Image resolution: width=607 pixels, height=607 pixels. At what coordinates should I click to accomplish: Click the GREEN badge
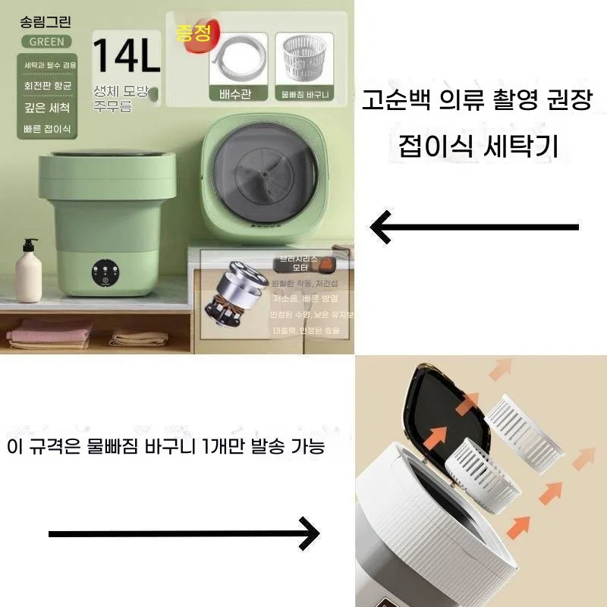(x=46, y=41)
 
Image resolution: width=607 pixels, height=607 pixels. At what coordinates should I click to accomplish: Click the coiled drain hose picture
(x=235, y=61)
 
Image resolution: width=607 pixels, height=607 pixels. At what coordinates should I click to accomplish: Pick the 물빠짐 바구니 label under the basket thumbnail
(x=303, y=95)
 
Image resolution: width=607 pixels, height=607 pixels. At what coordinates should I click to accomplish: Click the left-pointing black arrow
(x=474, y=226)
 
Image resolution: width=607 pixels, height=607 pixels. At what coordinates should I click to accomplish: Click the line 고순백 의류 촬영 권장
(x=476, y=100)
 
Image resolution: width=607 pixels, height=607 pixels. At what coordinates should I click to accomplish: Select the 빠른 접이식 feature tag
(x=46, y=128)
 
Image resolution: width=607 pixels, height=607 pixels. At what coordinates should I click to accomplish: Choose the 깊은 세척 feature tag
(x=46, y=107)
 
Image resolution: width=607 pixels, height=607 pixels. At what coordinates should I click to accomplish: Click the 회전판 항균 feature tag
(x=46, y=86)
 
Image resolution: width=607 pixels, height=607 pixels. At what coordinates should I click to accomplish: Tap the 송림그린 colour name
(x=46, y=22)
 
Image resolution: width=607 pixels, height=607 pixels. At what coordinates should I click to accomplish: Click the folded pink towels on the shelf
(x=49, y=333)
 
